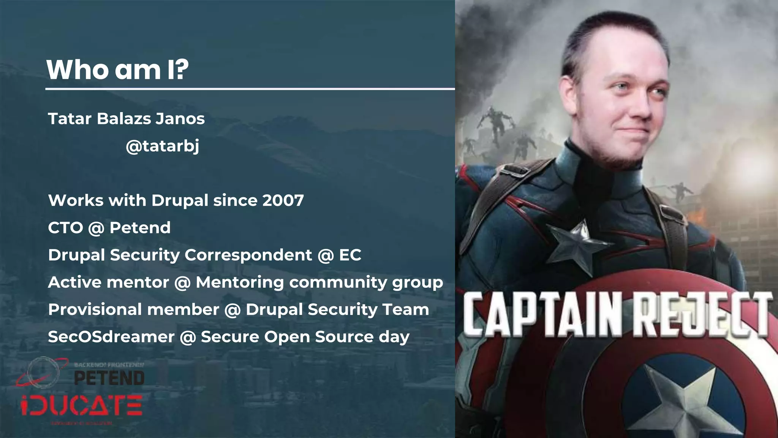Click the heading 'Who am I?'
pyautogui.click(x=117, y=70)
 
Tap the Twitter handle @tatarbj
pyautogui.click(x=162, y=146)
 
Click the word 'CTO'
pyautogui.click(x=65, y=228)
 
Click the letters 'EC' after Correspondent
pyautogui.click(x=350, y=255)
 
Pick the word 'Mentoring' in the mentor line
pyautogui.click(x=240, y=282)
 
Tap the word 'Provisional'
pyautogui.click(x=95, y=310)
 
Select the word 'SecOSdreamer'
pyautogui.click(x=111, y=337)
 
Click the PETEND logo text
pyautogui.click(x=109, y=378)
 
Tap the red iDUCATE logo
pyautogui.click(x=82, y=406)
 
